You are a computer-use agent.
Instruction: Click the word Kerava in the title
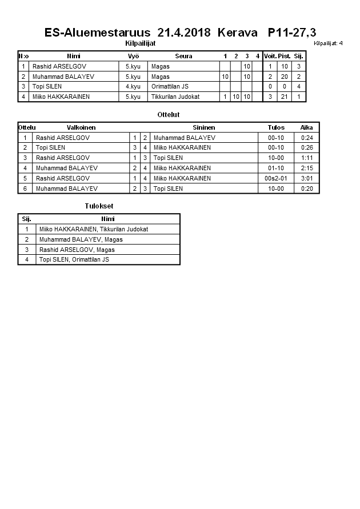pos(237,33)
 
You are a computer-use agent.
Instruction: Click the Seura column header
pos(183,56)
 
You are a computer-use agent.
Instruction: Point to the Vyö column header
pos(133,56)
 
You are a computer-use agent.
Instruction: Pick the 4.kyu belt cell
pos(133,86)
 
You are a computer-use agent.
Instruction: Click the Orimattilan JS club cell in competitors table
pos(170,86)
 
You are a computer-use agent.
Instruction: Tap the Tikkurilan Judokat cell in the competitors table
pos(175,97)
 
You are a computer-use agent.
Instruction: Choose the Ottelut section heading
pos(169,115)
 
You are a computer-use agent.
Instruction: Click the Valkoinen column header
pos(81,127)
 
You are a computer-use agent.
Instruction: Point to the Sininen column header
pos(203,127)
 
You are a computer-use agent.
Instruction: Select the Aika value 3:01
pos(306,178)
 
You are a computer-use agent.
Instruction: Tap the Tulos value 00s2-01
pos(276,178)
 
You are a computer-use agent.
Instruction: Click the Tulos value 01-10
pos(276,168)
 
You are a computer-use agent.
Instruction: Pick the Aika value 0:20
pos(306,189)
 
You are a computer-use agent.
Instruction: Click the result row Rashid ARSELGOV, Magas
pos(77,250)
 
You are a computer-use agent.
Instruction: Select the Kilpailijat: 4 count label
pos(328,43)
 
